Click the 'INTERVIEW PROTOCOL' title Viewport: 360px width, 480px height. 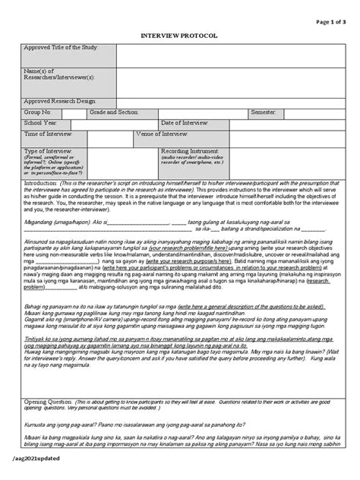pyautogui.click(x=180, y=35)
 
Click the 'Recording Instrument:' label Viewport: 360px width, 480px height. pyautogui.click(x=191, y=151)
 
